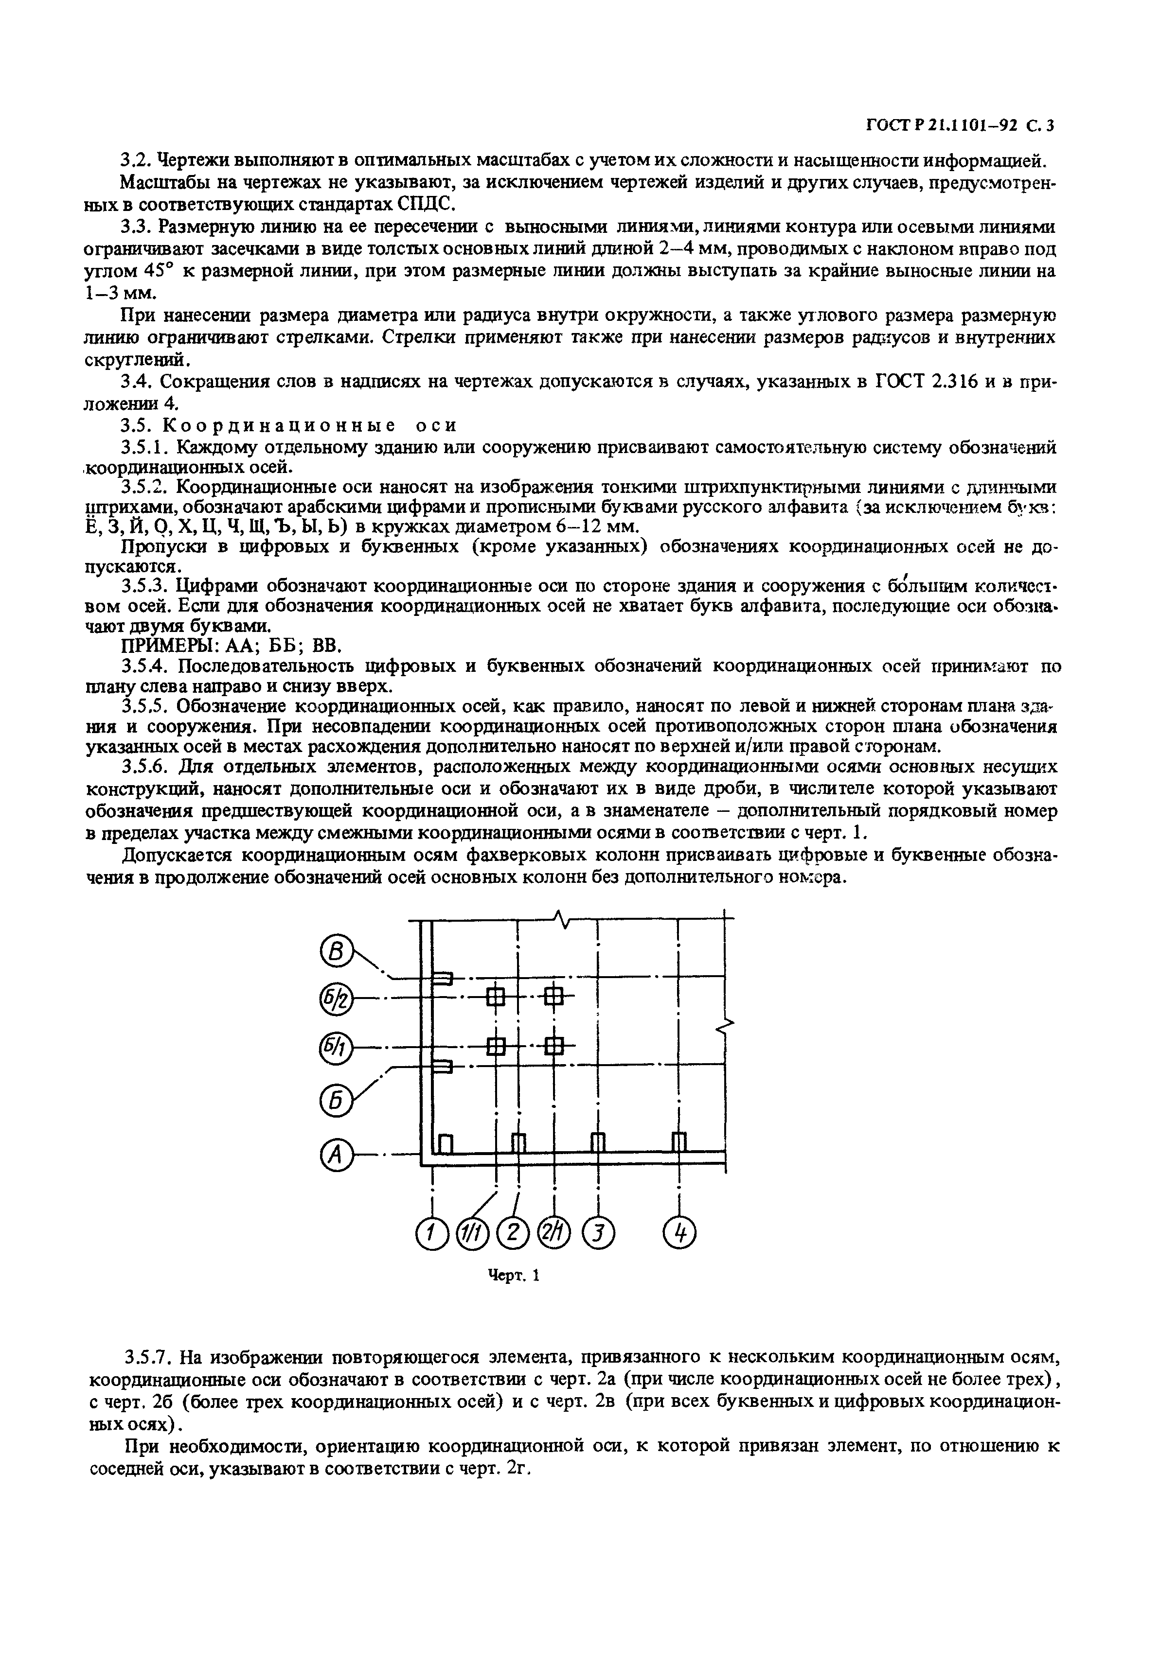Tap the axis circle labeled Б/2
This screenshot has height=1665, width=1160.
tap(335, 1001)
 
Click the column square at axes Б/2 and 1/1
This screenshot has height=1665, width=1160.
tap(496, 999)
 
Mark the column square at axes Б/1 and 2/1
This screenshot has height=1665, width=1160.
tap(554, 1046)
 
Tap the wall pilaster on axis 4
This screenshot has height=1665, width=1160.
tap(679, 1143)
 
